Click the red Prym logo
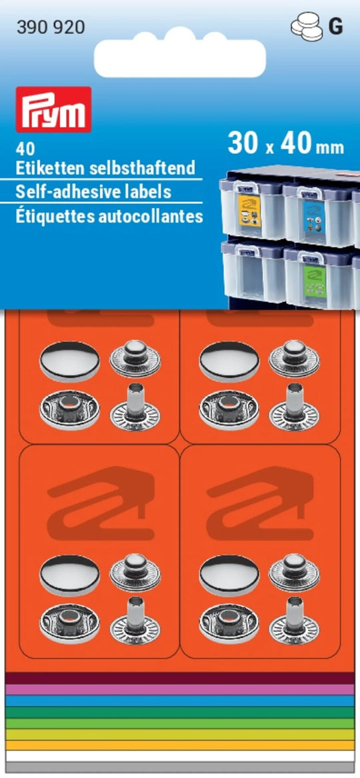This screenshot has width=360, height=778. pyautogui.click(x=53, y=109)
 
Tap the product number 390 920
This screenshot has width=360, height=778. pyautogui.click(x=51, y=28)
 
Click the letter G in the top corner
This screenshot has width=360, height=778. pyautogui.click(x=336, y=28)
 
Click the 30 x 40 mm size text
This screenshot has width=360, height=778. pyautogui.click(x=285, y=144)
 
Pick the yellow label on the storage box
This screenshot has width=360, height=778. pyautogui.click(x=249, y=211)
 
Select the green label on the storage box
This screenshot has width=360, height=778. pyautogui.click(x=313, y=281)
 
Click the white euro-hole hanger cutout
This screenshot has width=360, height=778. pyautogui.click(x=179, y=55)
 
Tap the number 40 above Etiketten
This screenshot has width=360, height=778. pyautogui.click(x=22, y=149)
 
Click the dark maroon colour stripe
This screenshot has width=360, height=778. pyautogui.click(x=179, y=678)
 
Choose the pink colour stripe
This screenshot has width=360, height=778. pyautogui.click(x=179, y=690)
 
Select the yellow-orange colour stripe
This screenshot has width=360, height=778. pyautogui.click(x=179, y=745)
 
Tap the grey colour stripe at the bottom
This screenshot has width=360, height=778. pyautogui.click(x=179, y=767)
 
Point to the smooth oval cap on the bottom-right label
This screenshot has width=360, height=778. pyautogui.click(x=229, y=575)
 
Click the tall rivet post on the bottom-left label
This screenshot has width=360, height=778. pyautogui.click(x=135, y=623)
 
